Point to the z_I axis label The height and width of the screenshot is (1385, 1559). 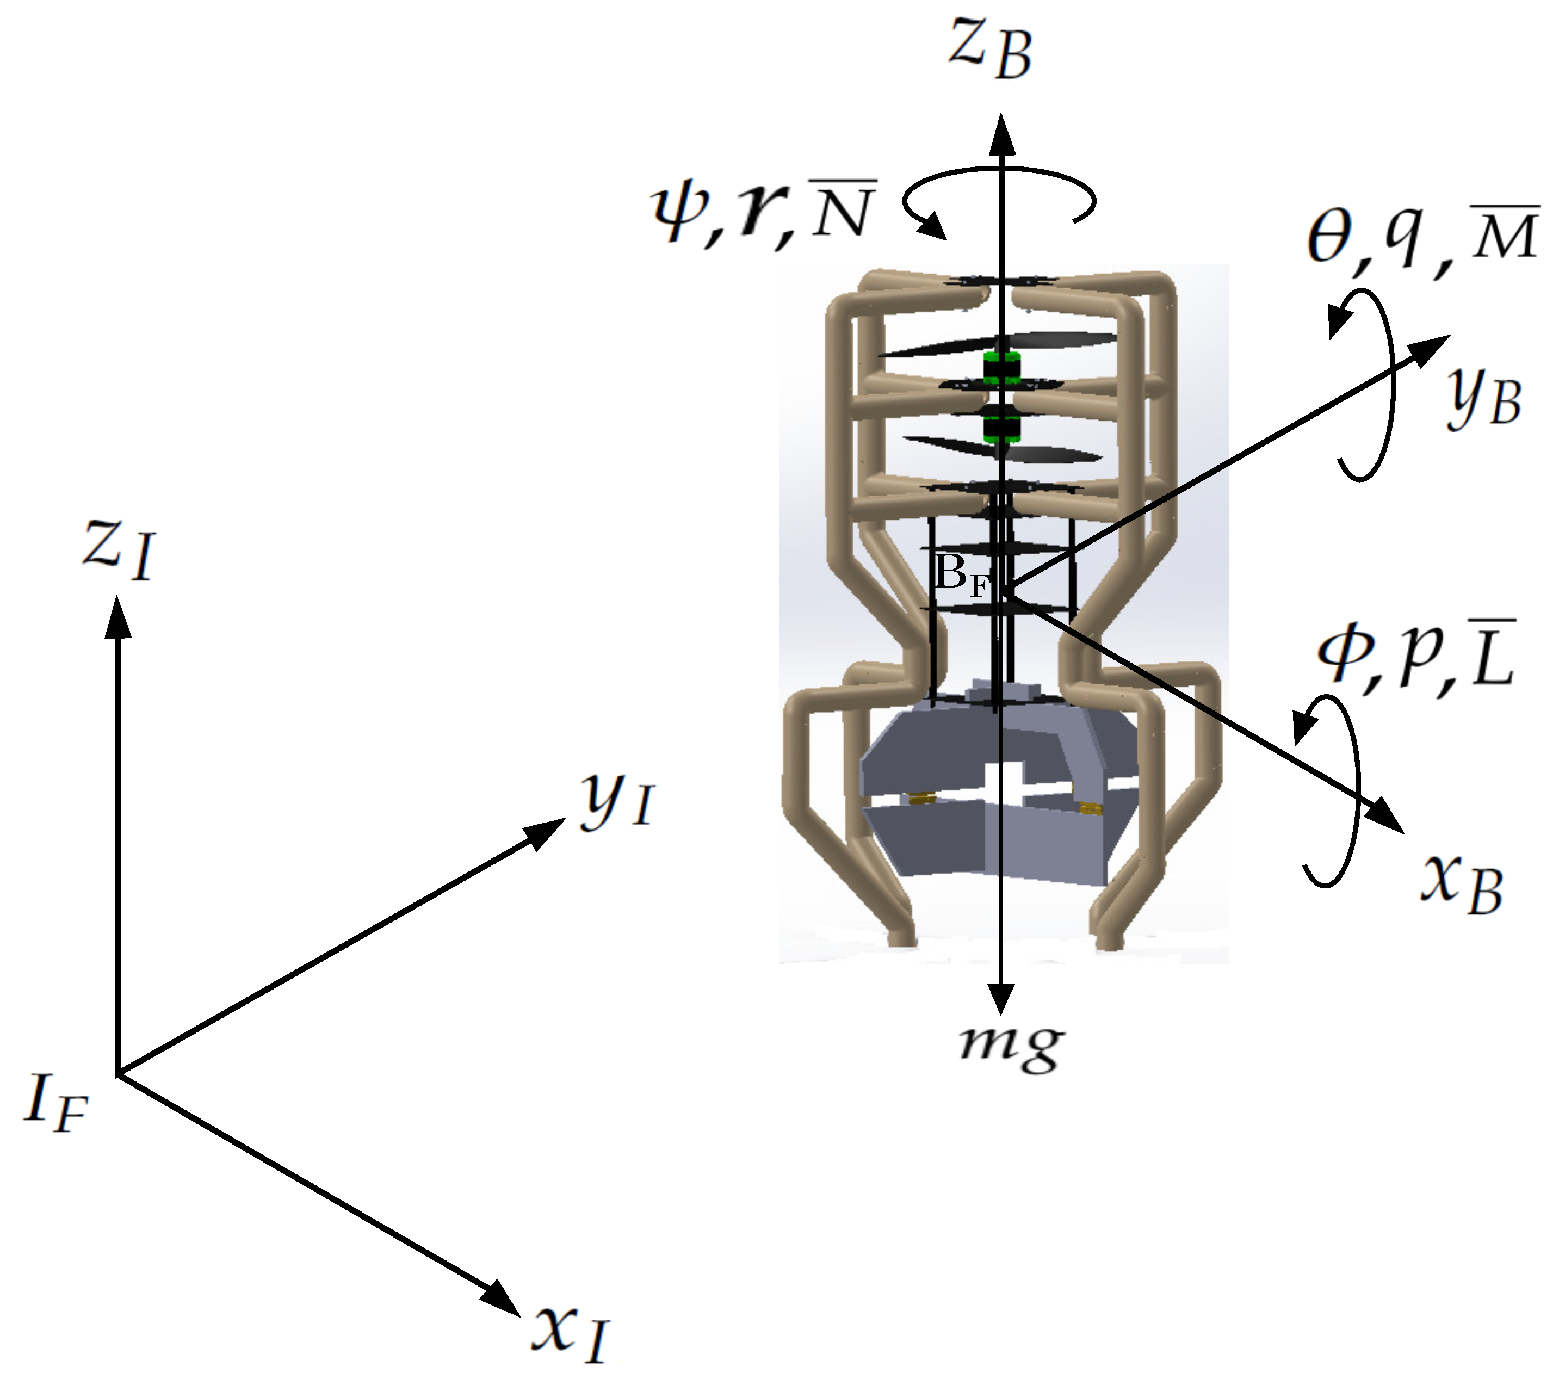[x=120, y=548]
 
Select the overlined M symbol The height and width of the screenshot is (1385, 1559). [x=1504, y=233]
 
